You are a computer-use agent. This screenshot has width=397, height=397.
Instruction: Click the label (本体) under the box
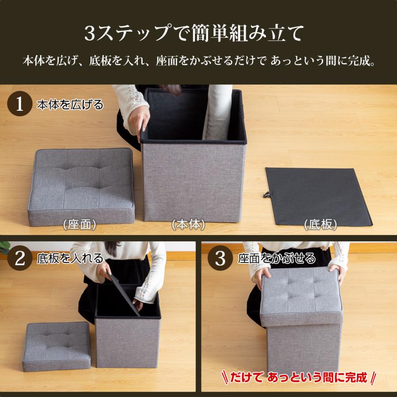pos(189,225)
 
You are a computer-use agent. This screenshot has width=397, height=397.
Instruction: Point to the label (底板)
pos(321,225)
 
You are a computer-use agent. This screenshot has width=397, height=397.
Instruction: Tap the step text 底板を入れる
pos(70,258)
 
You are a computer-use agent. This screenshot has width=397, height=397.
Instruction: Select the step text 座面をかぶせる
pos(277,258)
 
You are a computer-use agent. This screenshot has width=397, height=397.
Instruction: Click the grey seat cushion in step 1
pos(81,185)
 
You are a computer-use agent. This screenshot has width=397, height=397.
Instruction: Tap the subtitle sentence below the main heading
pos(198,60)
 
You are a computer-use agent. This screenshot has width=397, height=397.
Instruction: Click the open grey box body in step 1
pos(193,176)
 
